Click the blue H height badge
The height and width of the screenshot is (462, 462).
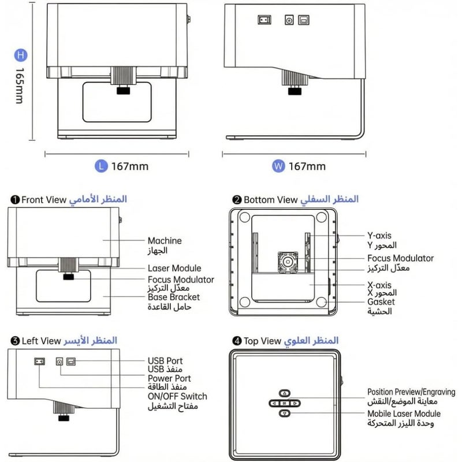(x=21, y=55)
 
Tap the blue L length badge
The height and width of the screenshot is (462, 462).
(x=101, y=166)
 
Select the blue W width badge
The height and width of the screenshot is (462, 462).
(x=278, y=166)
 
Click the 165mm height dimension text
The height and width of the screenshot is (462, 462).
(x=20, y=85)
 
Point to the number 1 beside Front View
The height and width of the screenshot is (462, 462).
(x=15, y=200)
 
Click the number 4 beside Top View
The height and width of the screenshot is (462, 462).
(x=237, y=341)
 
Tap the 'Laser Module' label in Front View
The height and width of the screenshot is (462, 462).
(x=174, y=268)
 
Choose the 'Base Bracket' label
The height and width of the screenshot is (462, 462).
(x=174, y=297)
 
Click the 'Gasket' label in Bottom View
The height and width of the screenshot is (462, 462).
(x=381, y=301)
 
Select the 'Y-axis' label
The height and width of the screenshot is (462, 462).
(x=379, y=236)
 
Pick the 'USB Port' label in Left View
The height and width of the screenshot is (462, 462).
(x=165, y=360)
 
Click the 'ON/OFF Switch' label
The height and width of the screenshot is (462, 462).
(x=177, y=396)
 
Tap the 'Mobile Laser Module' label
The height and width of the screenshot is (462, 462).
(x=404, y=413)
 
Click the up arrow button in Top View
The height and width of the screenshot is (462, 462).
(x=285, y=393)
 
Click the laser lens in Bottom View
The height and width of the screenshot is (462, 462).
(x=287, y=262)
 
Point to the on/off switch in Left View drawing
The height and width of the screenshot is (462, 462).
(x=39, y=362)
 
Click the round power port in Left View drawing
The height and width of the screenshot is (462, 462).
(x=59, y=362)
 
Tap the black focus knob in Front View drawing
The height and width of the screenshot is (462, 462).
(x=68, y=277)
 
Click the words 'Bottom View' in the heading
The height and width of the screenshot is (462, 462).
(x=270, y=200)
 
